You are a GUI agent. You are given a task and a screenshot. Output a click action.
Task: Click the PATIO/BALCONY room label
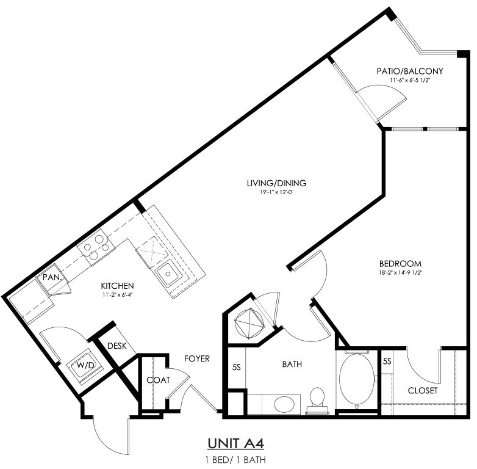point(410,71)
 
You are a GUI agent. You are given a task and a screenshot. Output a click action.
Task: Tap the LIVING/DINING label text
point(276,183)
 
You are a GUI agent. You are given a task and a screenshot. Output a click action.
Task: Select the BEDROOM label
point(400,263)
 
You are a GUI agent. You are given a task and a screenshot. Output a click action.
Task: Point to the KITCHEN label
point(118,286)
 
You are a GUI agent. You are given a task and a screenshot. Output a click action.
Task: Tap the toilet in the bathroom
point(318,401)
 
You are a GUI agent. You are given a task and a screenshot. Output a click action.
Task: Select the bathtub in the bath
point(357,379)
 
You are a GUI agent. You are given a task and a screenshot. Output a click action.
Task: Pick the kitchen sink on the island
point(168,274)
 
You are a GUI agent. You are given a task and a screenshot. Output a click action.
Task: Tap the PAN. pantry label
point(52,277)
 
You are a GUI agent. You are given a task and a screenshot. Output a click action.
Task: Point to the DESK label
point(117,346)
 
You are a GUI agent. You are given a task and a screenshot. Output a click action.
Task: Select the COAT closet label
point(158,380)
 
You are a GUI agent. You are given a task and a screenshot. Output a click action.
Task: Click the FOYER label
point(197,358)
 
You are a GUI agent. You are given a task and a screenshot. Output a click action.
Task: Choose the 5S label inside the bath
point(237,368)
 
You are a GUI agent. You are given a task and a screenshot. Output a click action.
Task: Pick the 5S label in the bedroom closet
point(387,361)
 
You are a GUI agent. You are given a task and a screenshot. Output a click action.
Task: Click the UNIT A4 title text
point(236,443)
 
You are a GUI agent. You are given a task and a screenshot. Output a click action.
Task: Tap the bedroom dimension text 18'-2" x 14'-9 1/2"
point(400,273)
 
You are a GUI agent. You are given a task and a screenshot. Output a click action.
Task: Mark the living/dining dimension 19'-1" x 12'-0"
point(276,192)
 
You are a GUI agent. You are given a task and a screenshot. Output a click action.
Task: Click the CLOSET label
point(423,390)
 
